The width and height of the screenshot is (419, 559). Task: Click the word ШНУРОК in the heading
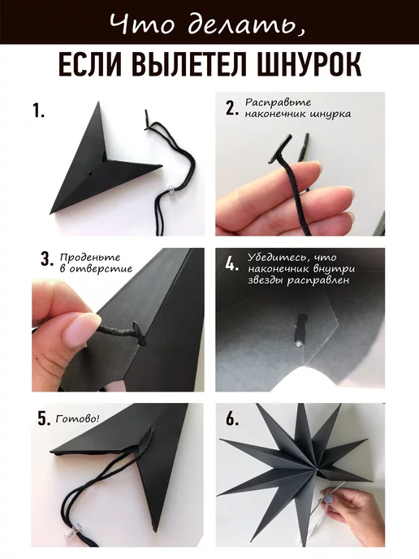309,64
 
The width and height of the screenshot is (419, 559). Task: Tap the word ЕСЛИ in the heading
89,64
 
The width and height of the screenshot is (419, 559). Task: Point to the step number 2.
232,108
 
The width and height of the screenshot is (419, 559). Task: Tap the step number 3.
46,259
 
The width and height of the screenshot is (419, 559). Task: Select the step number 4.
232,264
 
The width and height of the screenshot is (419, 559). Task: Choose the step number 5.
44,419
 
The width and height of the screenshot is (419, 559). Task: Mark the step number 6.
232,419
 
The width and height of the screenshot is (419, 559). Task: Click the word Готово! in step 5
78,419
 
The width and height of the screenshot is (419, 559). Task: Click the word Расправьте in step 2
278,103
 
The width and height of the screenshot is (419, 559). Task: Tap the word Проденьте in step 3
90,258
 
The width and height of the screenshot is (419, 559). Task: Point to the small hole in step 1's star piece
90,175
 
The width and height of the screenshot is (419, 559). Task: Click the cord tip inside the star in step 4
300,330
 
